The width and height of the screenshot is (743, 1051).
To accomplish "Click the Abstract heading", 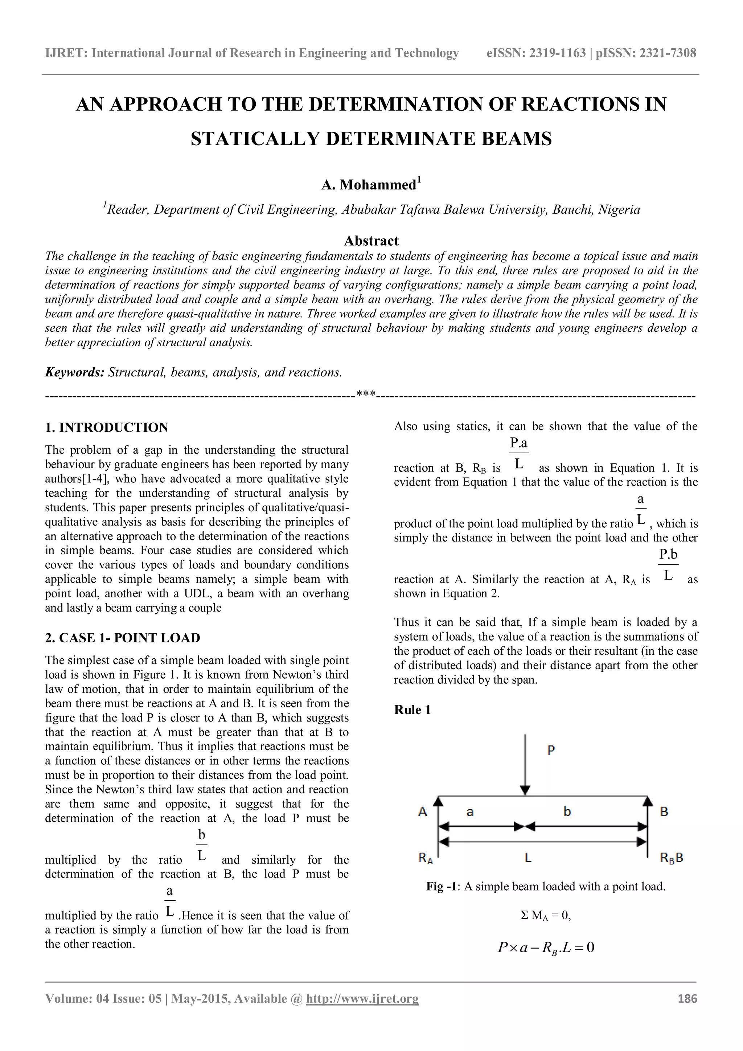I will (371, 241).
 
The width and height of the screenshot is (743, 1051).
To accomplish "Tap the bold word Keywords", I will (75, 372).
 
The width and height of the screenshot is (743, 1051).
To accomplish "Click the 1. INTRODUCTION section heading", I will (107, 428).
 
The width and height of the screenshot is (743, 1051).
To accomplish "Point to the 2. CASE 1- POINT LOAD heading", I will (123, 638).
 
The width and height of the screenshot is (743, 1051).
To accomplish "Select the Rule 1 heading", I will (412, 710).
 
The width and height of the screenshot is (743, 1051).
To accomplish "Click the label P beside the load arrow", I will (551, 750).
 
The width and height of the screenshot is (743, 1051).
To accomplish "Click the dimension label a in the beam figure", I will (470, 812).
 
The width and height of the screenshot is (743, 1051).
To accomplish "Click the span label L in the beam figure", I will (528, 858).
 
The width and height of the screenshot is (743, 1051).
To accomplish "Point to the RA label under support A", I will (426, 858).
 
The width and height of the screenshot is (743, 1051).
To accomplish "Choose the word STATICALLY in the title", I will (254, 139).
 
